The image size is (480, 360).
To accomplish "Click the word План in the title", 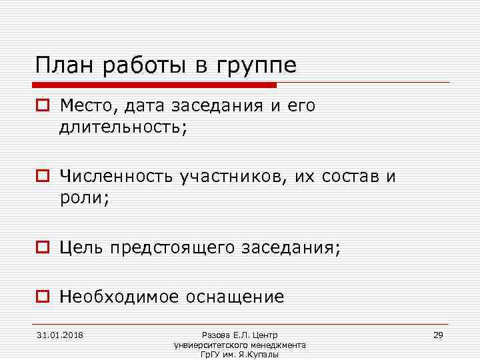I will (x=61, y=66).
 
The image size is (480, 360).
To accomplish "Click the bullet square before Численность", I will (x=43, y=177).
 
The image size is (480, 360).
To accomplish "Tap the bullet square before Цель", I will (x=43, y=249).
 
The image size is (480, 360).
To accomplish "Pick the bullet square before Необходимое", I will (x=43, y=297).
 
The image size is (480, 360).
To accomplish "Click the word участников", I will (x=226, y=177).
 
